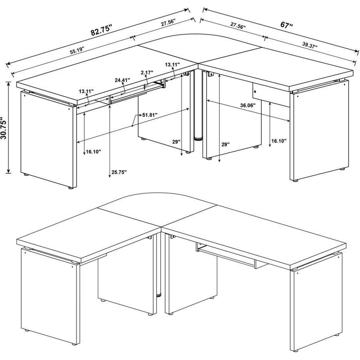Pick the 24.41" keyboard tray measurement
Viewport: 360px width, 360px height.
122,80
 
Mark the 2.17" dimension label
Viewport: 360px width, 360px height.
147,73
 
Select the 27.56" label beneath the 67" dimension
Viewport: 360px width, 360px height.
238,25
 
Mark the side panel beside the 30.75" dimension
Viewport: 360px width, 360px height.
46,139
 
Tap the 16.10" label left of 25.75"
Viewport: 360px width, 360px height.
93,152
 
